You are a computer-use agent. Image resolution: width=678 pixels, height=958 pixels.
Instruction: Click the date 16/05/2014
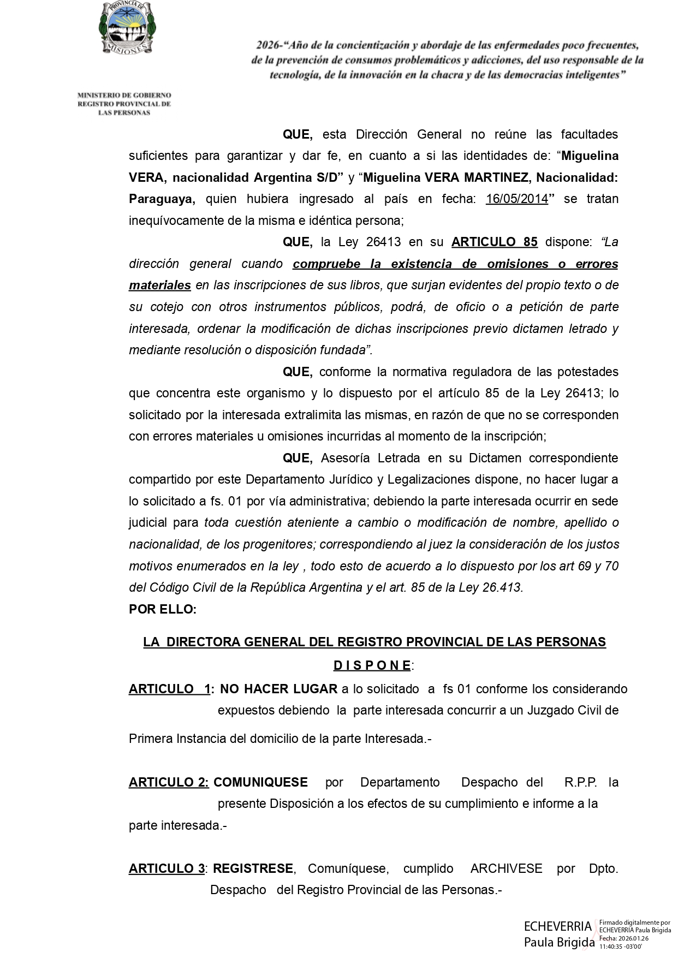[516, 199]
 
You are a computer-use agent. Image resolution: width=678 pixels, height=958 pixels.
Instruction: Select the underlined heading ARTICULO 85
[494, 242]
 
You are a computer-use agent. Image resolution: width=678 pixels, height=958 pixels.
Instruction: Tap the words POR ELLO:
[162, 609]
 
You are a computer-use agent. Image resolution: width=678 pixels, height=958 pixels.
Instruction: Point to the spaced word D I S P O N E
[372, 665]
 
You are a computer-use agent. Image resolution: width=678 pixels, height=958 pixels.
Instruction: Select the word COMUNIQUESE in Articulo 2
[260, 782]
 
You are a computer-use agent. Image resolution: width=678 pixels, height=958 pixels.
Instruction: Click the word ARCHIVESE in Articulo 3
[506, 868]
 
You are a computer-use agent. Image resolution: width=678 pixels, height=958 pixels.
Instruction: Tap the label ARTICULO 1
[169, 689]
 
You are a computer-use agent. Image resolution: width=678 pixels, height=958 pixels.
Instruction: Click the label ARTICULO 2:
[169, 782]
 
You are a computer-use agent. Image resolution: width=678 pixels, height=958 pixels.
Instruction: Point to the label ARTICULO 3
[166, 868]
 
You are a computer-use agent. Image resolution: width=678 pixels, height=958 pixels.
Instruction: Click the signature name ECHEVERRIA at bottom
[557, 926]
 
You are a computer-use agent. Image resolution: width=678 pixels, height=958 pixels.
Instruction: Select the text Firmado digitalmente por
[634, 921]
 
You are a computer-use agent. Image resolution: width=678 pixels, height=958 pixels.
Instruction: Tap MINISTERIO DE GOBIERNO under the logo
[124, 96]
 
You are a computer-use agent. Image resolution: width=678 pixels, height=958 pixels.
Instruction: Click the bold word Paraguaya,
[162, 199]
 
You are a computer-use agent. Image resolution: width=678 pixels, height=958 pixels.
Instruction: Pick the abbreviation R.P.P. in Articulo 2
[580, 782]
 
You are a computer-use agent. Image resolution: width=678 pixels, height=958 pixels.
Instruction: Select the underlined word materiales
[159, 285]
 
